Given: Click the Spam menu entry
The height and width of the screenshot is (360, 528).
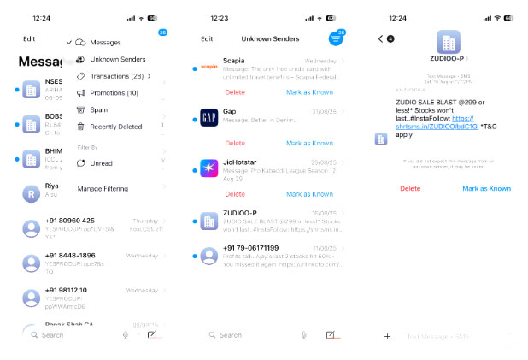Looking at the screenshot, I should point(98,109).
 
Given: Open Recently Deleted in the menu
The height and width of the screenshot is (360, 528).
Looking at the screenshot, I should point(115,127).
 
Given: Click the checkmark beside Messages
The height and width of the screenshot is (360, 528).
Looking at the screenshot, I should point(68,42).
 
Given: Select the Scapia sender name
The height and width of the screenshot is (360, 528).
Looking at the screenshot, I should point(234,61).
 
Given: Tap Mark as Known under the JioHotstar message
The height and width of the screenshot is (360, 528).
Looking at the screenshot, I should point(309,194).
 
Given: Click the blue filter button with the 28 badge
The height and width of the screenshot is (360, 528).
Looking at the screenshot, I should point(336,39).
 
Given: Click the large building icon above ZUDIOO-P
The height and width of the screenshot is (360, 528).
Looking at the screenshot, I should point(448,43).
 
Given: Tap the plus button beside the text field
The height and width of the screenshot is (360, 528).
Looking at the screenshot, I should point(387,336).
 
